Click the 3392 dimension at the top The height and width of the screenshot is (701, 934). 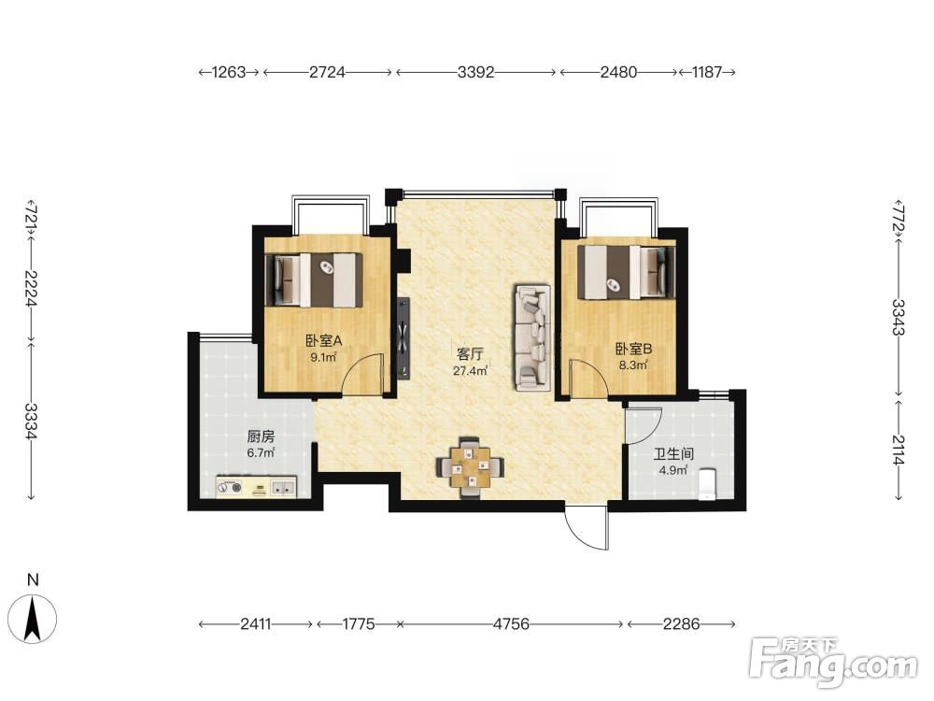point(476,72)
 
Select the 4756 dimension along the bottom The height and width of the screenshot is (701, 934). point(512,624)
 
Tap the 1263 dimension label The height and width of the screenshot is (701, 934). point(230,72)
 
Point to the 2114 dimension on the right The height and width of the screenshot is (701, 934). point(899,451)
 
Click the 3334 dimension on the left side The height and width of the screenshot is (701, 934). point(32,421)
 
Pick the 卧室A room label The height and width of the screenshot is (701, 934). point(323,341)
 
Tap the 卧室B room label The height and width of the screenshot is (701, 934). point(633,349)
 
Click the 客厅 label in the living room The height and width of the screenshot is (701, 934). point(470,354)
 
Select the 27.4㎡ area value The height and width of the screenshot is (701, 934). point(471,371)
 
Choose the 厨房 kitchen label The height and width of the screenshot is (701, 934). point(261,436)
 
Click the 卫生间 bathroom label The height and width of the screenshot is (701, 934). point(673,454)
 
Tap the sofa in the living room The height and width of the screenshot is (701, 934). point(532,338)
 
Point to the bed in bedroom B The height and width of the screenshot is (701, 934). point(627,272)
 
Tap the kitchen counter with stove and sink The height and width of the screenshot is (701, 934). point(256,486)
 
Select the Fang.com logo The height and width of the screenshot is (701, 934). point(833,662)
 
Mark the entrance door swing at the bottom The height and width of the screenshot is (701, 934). point(587,529)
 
